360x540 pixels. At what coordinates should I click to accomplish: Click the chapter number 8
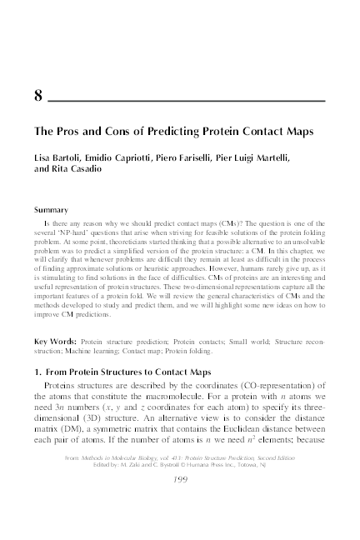[38, 94]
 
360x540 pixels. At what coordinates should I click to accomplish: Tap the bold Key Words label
[56, 342]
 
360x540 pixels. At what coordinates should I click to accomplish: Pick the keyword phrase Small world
[219, 342]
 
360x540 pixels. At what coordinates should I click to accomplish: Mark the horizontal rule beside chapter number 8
[187, 100]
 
